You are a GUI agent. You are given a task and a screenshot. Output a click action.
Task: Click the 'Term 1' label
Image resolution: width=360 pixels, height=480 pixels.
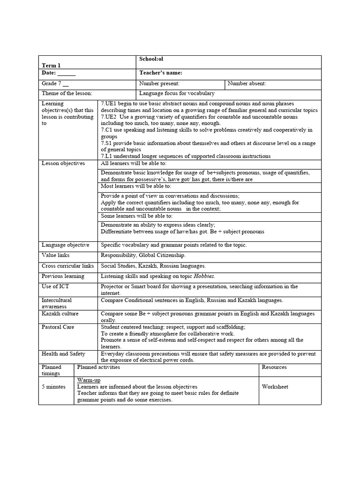[51, 66]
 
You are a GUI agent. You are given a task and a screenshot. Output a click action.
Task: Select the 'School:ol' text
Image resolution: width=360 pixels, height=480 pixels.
[151, 59]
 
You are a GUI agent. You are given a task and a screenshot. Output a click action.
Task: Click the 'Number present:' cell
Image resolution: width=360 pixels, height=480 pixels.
[159, 83]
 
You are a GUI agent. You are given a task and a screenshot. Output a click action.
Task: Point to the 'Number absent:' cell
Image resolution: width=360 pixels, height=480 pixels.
[247, 83]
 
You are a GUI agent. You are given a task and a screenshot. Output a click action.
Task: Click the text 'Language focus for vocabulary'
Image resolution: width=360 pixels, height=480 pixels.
[177, 94]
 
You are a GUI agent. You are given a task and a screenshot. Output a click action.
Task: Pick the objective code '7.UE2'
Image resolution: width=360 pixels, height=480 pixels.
[109, 117]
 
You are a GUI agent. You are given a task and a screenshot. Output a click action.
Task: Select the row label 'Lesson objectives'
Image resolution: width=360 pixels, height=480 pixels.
[63, 163]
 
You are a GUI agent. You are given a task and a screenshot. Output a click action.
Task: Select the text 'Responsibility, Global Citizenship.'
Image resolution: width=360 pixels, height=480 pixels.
[143, 255]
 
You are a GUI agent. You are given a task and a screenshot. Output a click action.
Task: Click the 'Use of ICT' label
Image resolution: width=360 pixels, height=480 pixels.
[55, 286]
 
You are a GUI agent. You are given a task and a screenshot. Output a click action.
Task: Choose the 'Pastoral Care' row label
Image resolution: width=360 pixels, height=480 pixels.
[58, 327]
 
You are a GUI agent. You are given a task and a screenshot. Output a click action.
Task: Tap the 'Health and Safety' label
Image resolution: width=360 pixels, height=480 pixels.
[63, 354]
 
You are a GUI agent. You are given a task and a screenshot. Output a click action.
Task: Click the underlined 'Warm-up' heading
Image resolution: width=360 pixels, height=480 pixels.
[89, 380]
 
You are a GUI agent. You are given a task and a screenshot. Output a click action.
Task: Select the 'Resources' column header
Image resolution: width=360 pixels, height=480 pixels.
[275, 367]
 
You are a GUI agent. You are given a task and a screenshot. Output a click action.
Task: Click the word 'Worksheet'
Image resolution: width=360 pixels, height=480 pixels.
[275, 387]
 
